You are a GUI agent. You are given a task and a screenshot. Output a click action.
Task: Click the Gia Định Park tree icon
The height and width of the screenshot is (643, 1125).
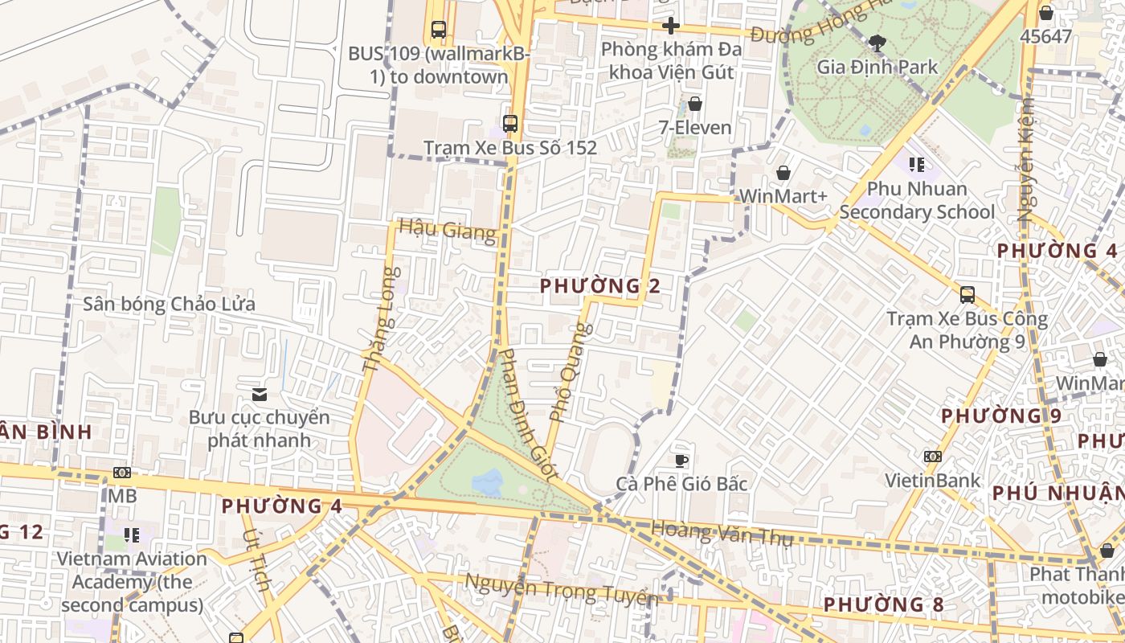[x=877, y=43]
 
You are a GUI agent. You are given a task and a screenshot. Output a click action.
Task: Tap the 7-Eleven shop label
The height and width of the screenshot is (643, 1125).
[x=695, y=127]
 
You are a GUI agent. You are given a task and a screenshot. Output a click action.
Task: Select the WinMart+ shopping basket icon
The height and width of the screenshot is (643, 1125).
[x=783, y=173]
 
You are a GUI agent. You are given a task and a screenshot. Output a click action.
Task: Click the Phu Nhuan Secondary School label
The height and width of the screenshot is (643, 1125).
[x=917, y=200]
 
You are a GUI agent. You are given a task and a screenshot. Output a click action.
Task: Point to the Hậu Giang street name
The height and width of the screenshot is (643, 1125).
[x=447, y=230]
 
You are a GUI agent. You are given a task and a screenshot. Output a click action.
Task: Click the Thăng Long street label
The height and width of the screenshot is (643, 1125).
[x=381, y=319]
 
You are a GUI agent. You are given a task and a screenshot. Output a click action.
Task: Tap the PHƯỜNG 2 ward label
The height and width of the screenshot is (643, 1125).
[x=601, y=286]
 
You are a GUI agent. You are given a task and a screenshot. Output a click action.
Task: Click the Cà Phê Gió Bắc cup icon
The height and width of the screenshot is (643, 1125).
[x=681, y=460]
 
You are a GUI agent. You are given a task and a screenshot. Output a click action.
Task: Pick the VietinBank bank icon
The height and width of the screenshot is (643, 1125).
[x=932, y=457]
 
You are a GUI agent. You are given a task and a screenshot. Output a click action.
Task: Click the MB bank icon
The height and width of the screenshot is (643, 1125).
[x=122, y=473]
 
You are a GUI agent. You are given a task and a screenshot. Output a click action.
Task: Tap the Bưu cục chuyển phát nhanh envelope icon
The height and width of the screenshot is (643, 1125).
[x=259, y=394]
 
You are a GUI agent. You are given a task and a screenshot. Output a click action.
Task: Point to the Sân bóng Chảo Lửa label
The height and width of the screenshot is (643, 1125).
[x=170, y=304]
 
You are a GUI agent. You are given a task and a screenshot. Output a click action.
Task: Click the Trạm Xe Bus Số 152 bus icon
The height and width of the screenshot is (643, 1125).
[x=509, y=124]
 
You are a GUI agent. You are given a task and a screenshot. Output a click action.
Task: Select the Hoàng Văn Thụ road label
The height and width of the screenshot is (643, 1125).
[x=722, y=533]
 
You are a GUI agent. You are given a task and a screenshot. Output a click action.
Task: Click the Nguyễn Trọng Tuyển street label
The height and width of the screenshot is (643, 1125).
[x=562, y=592]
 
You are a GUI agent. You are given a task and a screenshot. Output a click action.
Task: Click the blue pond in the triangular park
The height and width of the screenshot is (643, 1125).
[x=487, y=482]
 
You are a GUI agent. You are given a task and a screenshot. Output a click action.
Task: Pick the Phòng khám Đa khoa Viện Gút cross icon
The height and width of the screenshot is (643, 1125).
[x=670, y=26]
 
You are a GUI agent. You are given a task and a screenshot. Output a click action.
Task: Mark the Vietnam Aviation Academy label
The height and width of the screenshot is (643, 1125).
[x=133, y=581]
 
